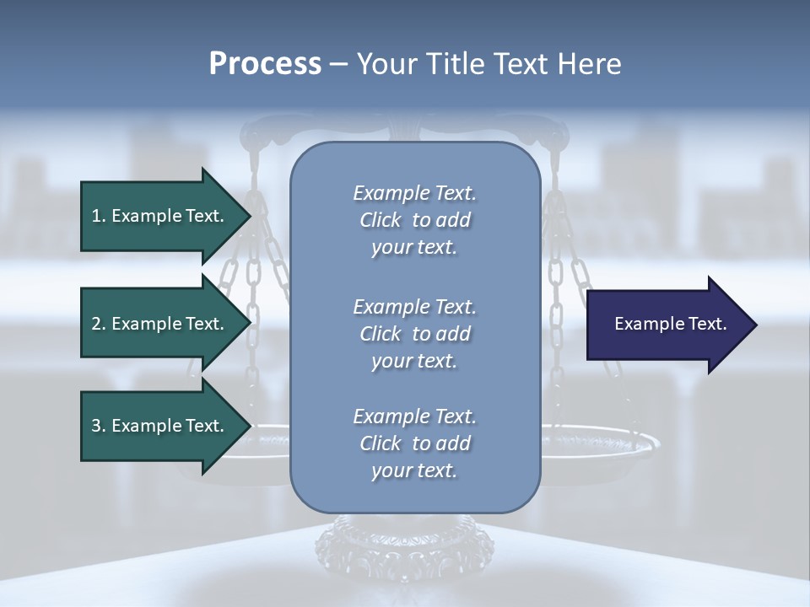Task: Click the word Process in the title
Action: coord(265,64)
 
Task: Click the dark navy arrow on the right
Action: coord(667,324)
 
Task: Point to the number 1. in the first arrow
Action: coord(99,216)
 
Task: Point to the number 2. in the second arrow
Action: coord(99,324)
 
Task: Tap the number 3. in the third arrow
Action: coord(99,426)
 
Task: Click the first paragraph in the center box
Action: coord(414,220)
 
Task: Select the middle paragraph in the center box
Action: coord(414,333)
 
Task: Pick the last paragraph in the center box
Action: coord(414,443)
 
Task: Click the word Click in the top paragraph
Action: coord(381,220)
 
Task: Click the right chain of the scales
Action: coord(557,278)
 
